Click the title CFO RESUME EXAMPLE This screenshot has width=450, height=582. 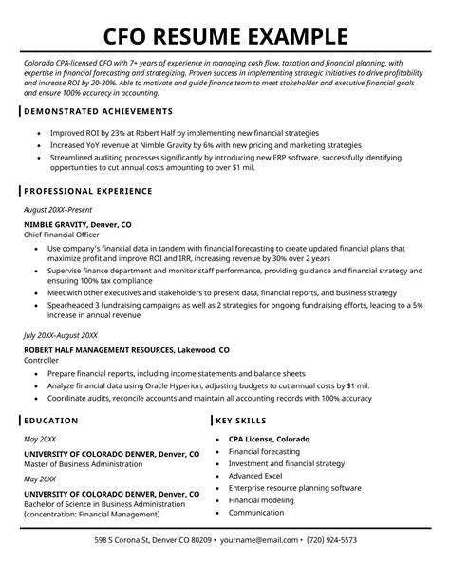(x=225, y=37)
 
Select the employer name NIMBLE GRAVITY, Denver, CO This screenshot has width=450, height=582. (x=78, y=224)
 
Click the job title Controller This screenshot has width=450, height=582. (x=42, y=361)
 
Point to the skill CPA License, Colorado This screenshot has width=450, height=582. (x=269, y=440)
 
